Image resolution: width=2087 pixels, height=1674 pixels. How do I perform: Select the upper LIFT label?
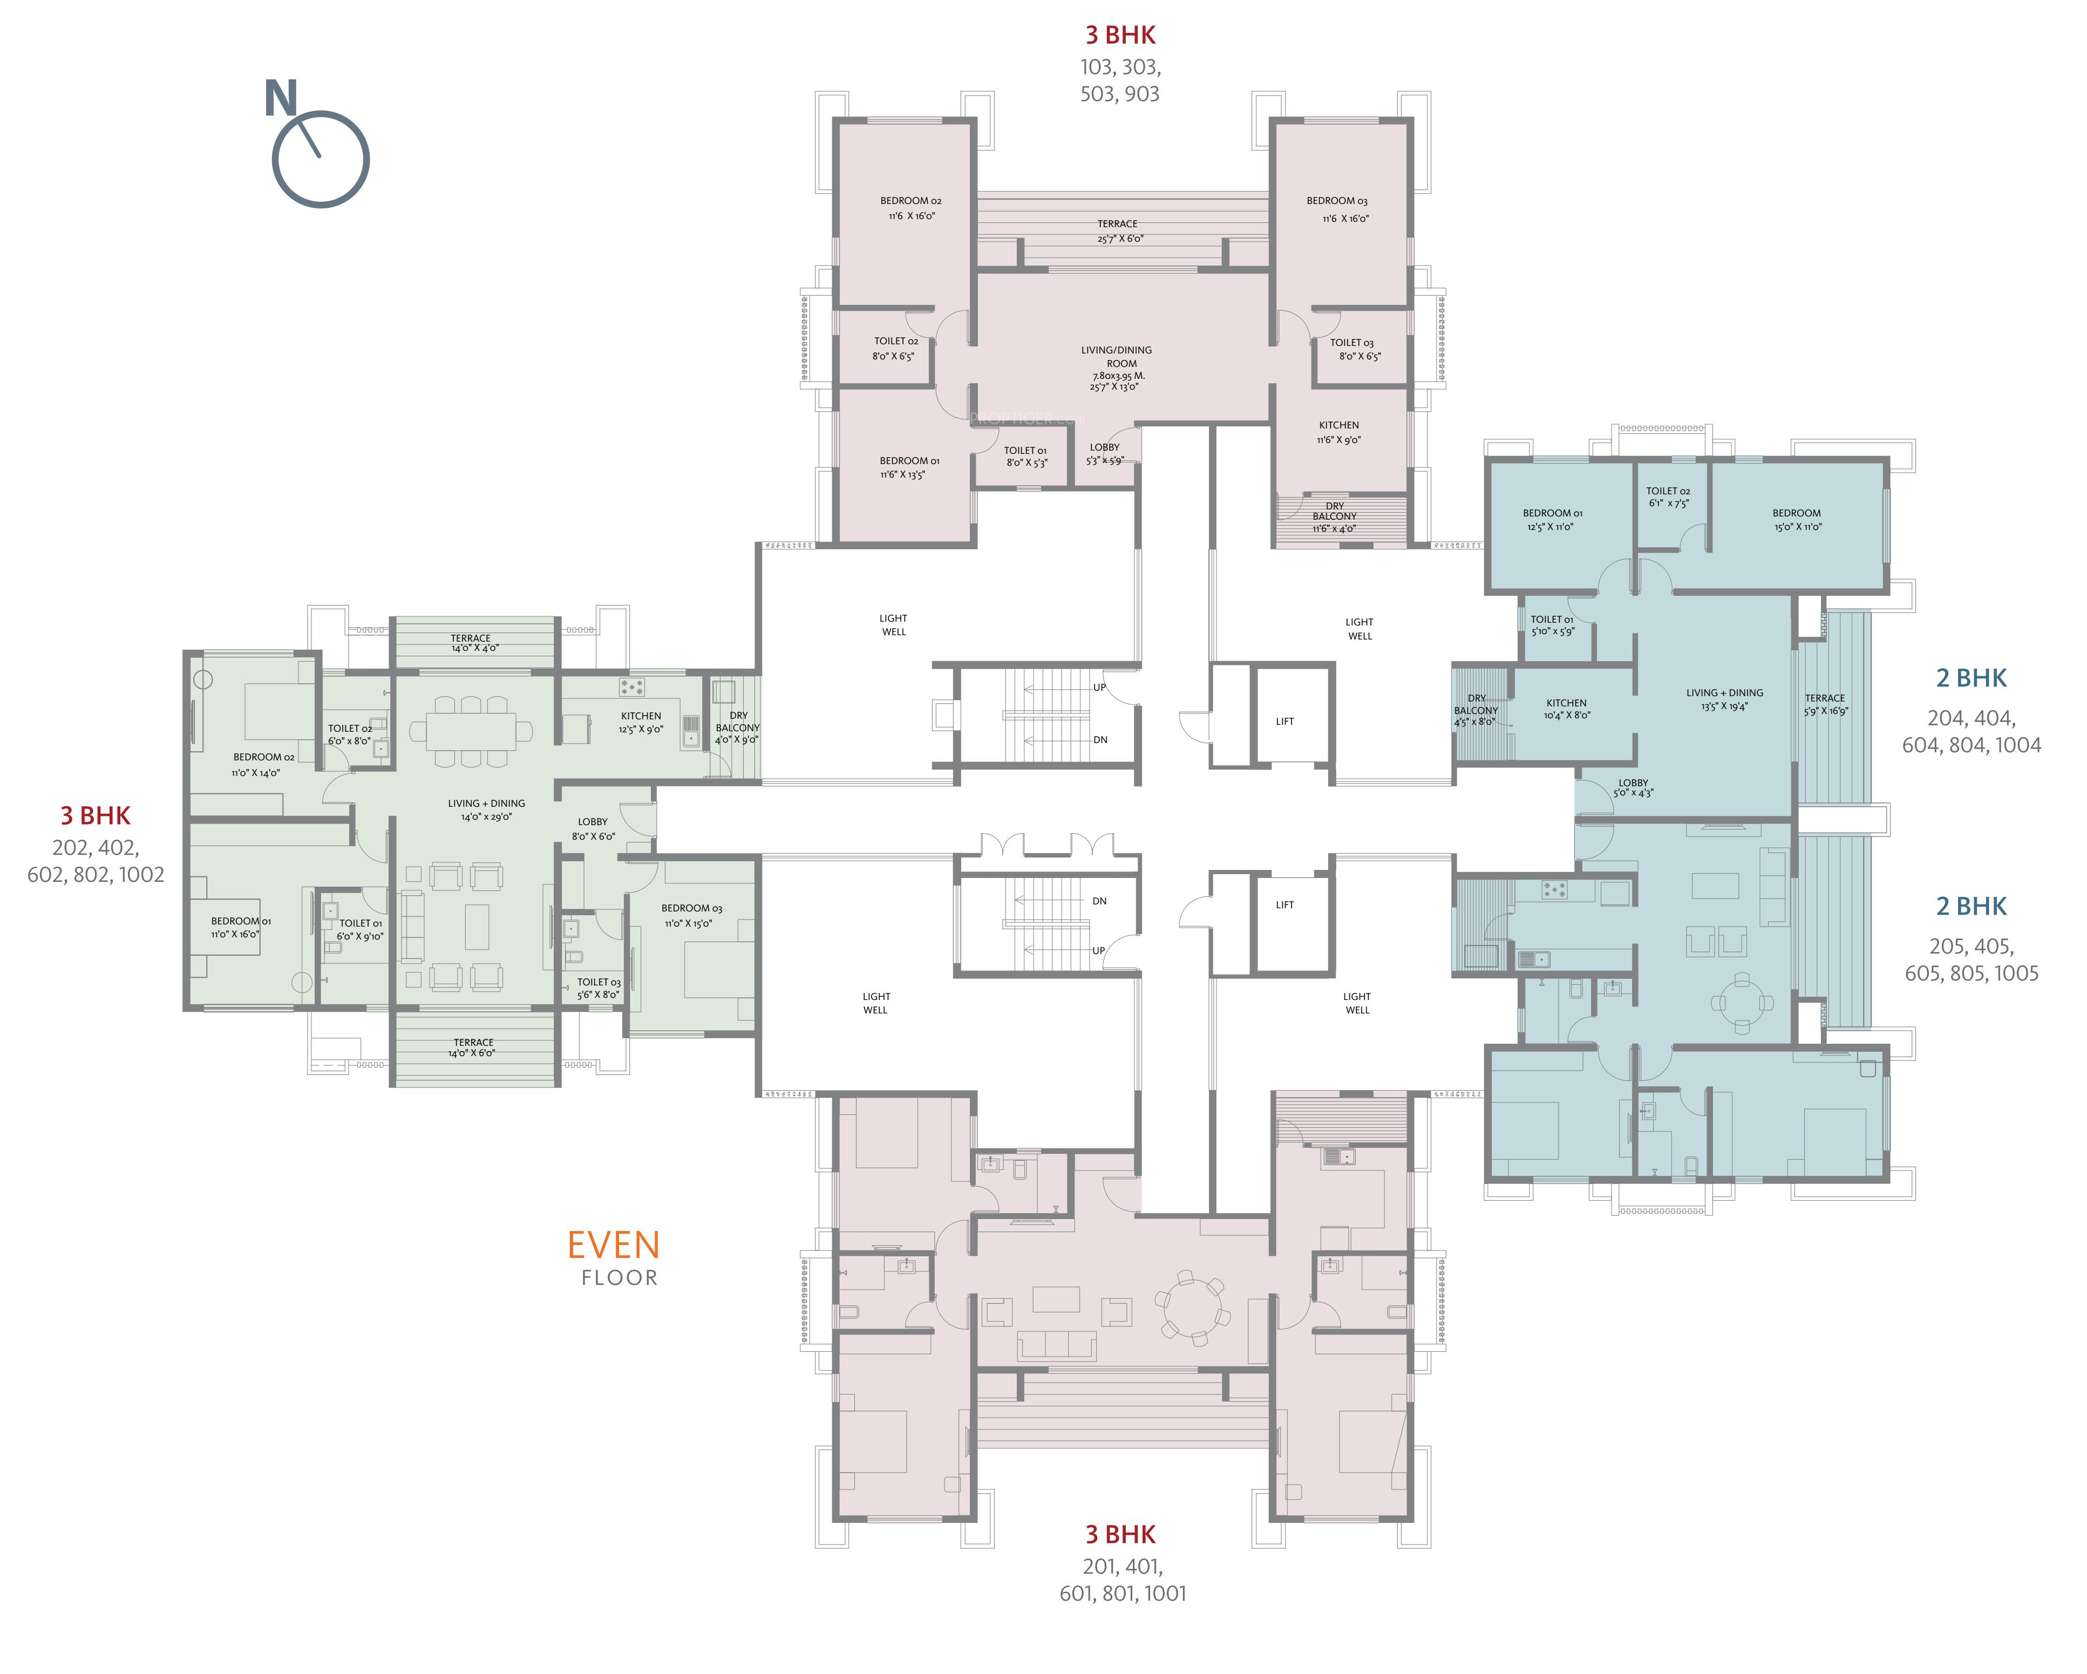[x=1284, y=722]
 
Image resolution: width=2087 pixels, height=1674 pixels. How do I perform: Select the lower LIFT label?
[x=1284, y=904]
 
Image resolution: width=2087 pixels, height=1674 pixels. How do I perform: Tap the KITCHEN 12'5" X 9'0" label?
[x=641, y=722]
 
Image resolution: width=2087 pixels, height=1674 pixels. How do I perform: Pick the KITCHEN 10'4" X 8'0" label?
[x=1566, y=709]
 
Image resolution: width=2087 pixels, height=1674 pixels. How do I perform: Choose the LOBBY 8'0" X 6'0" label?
[x=593, y=829]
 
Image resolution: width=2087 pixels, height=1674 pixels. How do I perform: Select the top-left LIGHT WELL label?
[x=893, y=624]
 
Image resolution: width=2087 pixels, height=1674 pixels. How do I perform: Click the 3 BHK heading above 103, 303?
[x=1120, y=35]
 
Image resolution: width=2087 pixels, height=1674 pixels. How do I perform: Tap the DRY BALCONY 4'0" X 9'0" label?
[x=738, y=727]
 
